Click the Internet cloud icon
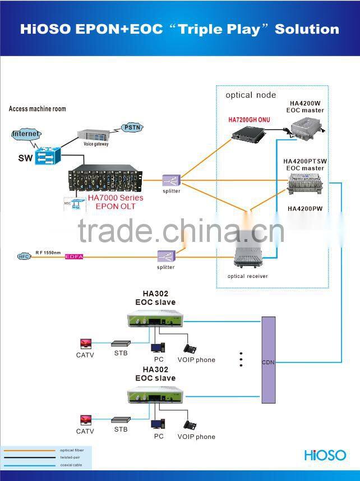pos(26,134)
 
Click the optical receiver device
pos(248,259)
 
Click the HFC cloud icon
pos(24,256)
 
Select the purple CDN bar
pos(269,360)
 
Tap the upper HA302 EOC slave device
pos(154,321)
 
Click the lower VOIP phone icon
pos(192,425)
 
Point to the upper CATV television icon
pos(85,343)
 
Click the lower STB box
pos(121,420)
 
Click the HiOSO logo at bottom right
pos(325,455)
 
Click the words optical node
pos(251,95)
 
